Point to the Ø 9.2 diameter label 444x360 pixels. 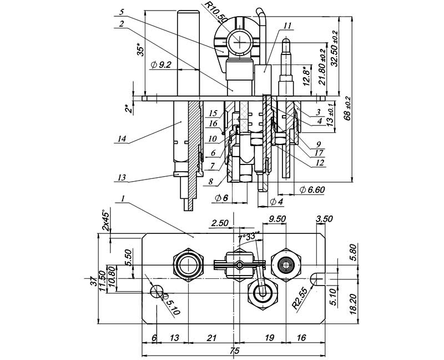coord(161,65)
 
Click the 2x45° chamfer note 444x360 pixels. coord(106,221)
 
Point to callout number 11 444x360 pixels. coord(286,26)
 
